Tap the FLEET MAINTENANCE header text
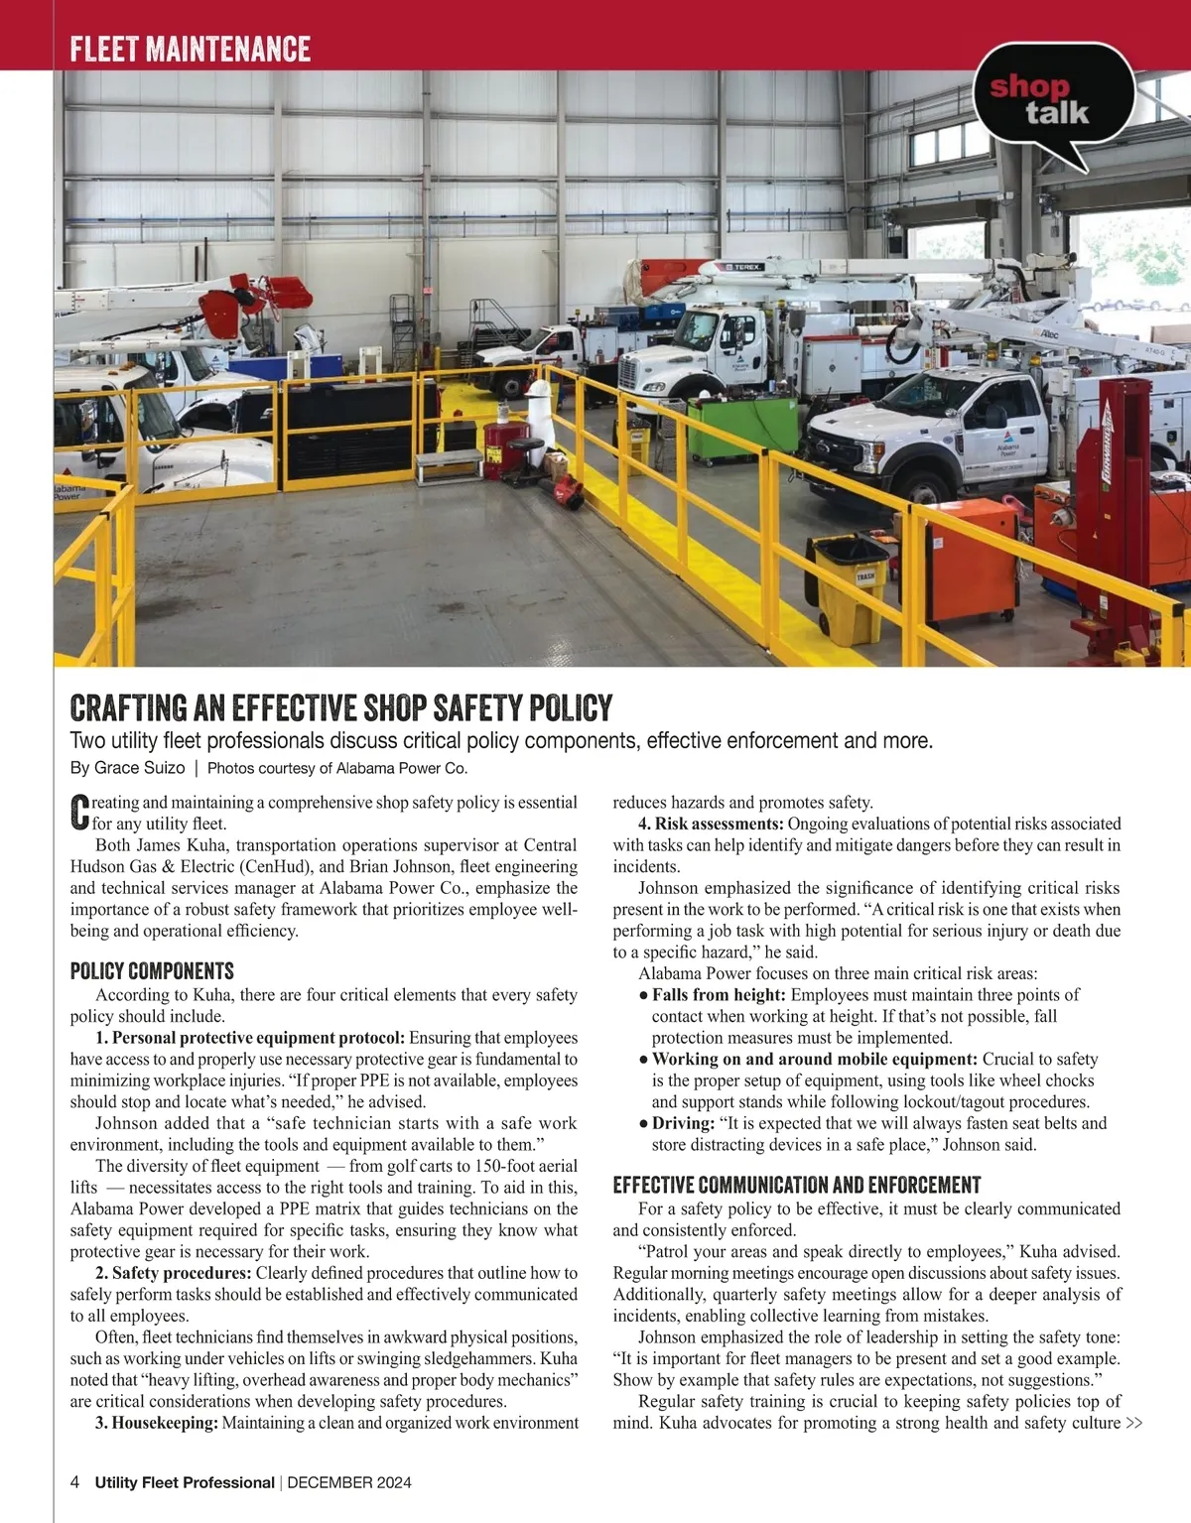coord(190,49)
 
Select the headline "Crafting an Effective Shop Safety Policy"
coord(340,707)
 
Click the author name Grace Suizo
coord(139,768)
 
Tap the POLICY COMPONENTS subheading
coord(152,970)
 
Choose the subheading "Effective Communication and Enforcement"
coord(796,1185)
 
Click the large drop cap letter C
coord(79,812)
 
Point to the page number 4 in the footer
coord(75,1482)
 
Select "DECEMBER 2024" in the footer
coord(348,1482)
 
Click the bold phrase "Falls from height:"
coord(719,995)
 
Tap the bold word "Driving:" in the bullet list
coord(683,1123)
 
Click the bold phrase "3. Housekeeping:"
coord(157,1423)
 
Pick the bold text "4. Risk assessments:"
coord(711,824)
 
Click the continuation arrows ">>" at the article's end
coord(1133,1423)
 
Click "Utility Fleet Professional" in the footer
coord(185,1482)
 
